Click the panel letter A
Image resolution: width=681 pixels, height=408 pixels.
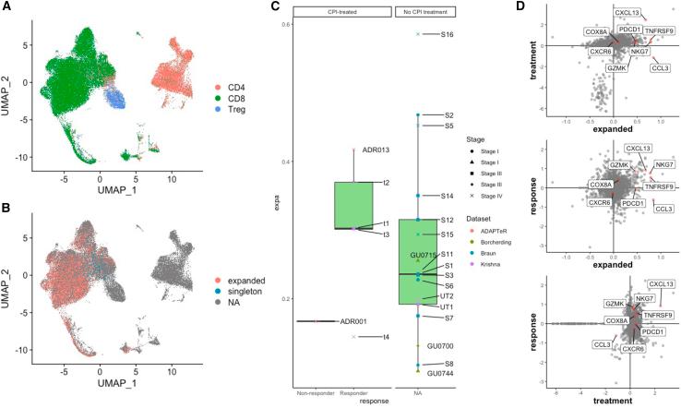coord(6,7)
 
